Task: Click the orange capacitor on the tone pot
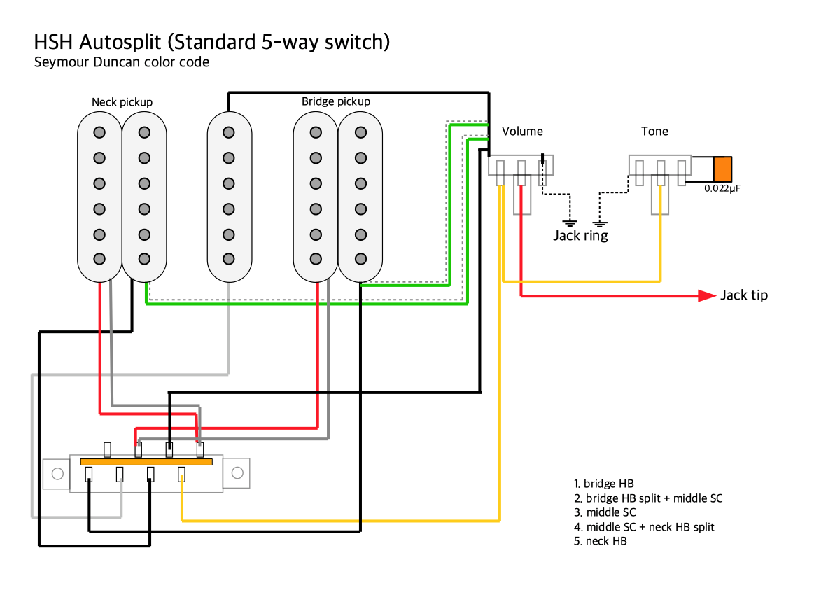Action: pos(722,170)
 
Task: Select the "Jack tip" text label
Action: pos(744,295)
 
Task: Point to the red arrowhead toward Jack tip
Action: pos(706,295)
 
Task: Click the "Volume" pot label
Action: pos(522,132)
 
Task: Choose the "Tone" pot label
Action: pos(654,132)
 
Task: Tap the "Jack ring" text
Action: pos(580,236)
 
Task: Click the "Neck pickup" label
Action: pos(122,102)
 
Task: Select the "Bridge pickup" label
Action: pos(336,101)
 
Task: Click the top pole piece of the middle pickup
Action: pos(228,132)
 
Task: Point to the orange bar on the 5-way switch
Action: pos(146,462)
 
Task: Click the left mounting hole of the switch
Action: pos(57,474)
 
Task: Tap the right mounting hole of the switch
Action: pos(237,474)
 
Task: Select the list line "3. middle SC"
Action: pos(605,512)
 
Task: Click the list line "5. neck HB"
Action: pos(600,541)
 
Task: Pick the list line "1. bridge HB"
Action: pos(603,484)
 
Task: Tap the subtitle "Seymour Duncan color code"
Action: pos(122,62)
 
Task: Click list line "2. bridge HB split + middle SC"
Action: pos(648,498)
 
